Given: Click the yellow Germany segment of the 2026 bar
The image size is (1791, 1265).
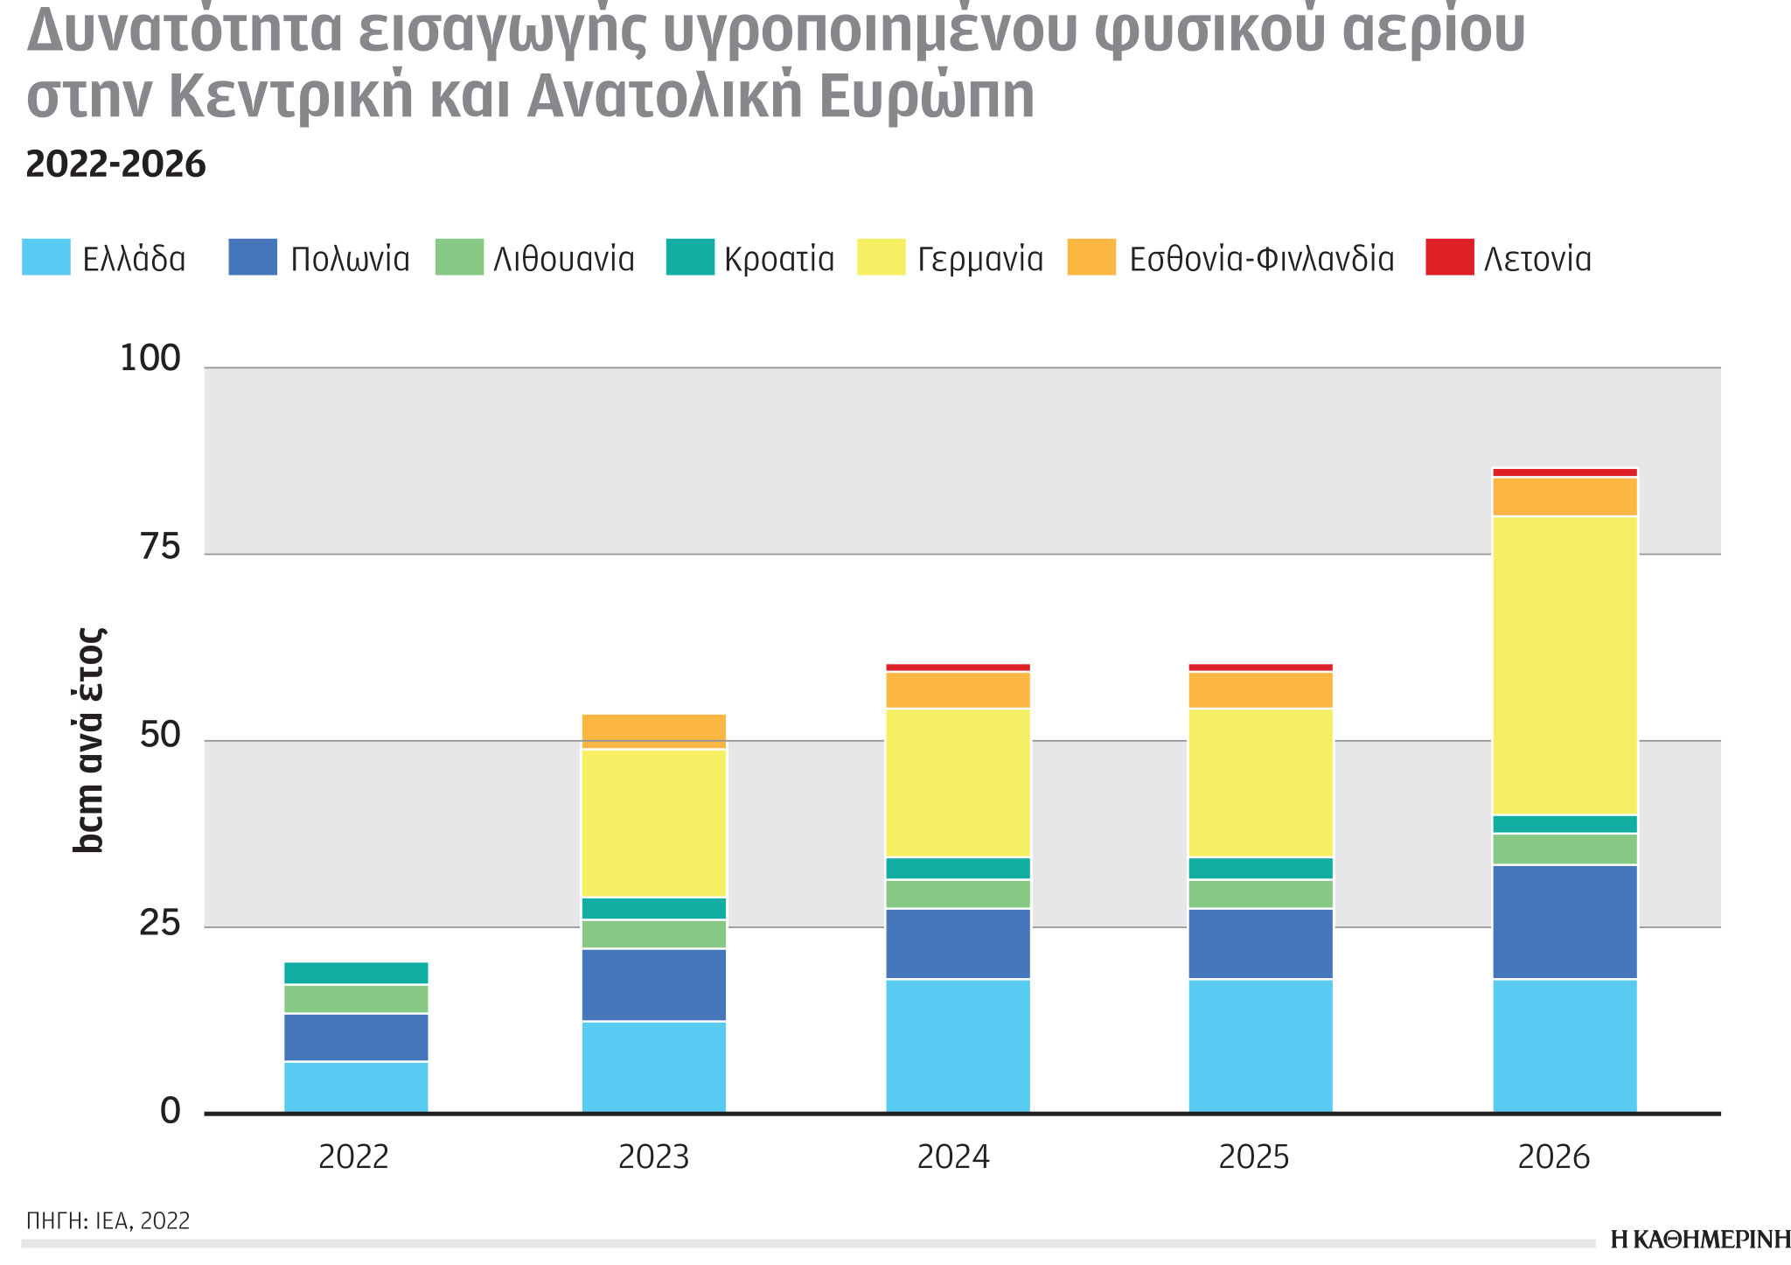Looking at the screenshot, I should [x=1565, y=665].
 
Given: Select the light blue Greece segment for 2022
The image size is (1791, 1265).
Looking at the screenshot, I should [x=356, y=1087].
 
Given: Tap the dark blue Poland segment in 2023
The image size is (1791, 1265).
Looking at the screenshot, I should [x=654, y=984].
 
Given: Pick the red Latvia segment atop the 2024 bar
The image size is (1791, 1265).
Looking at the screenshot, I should [x=958, y=667].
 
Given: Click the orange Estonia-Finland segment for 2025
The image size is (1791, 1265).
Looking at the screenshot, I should [x=1260, y=689].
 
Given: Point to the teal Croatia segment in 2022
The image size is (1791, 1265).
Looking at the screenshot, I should [x=356, y=973].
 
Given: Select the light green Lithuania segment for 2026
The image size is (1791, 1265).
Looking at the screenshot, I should [x=1565, y=849].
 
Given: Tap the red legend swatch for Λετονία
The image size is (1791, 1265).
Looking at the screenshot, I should [x=1449, y=257].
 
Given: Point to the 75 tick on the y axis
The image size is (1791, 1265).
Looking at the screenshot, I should [x=159, y=548].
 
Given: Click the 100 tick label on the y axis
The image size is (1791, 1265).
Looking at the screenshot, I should [x=150, y=359].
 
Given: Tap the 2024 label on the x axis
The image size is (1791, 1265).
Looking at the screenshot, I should [x=953, y=1157].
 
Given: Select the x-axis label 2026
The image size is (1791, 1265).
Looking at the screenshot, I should [x=1553, y=1157].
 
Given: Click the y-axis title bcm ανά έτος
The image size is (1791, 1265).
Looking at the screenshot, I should [x=88, y=739].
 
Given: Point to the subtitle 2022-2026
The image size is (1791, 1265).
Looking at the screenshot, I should [x=116, y=164].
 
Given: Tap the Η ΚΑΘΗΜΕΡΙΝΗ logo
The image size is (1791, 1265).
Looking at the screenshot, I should [x=1700, y=1240].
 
